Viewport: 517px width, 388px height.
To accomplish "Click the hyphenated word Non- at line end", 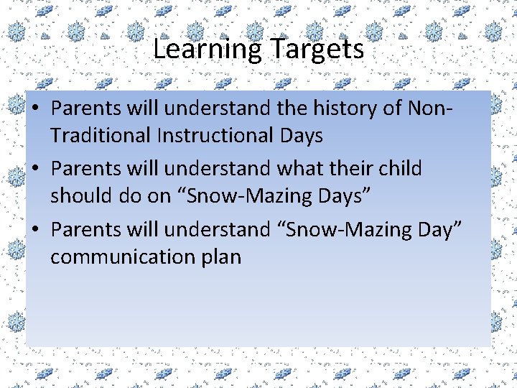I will (429, 108).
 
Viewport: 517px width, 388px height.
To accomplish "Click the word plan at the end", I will (220, 257).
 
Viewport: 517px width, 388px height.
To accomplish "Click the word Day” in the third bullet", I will (440, 230).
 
